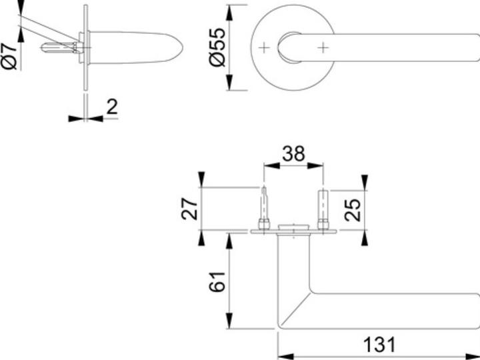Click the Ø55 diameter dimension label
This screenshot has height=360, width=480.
click(217, 47)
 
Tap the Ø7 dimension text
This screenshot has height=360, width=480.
click(9, 56)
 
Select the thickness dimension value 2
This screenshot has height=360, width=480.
click(112, 107)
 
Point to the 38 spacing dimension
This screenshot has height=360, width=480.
click(293, 154)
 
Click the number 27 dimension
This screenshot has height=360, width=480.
click(189, 209)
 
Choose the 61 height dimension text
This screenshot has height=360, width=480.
click(217, 281)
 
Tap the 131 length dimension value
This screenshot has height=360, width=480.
click(379, 345)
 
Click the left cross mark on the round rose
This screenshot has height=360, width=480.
click(264, 47)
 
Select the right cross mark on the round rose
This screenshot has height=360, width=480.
click(323, 47)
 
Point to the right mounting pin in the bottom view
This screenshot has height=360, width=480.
click(323, 210)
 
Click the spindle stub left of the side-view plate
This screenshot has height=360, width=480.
click(58, 48)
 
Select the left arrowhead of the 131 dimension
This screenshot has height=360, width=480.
click(285, 357)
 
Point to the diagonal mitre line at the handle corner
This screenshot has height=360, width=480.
click(296, 307)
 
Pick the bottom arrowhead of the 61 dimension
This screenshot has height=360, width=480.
click(229, 321)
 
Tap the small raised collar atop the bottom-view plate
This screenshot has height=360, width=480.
click(293, 227)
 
